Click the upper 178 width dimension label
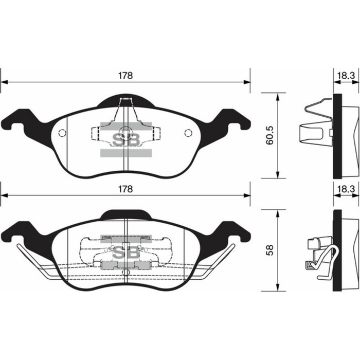tap(125, 75)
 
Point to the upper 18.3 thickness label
tap(345, 75)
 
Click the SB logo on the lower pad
tap(125, 252)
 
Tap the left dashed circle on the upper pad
tap(62, 134)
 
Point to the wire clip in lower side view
tap(321, 260)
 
